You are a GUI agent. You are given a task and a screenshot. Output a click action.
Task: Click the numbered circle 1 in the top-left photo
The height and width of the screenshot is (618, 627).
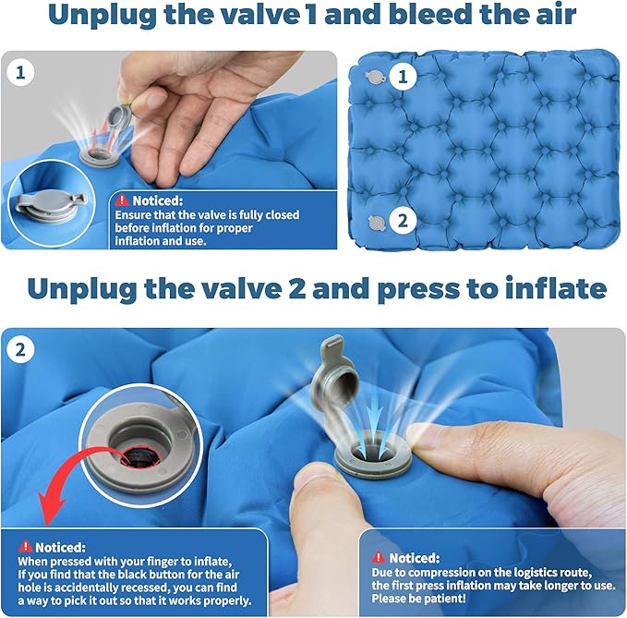[20, 73]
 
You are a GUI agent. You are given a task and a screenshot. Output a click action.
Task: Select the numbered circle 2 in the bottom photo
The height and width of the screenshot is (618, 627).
[20, 350]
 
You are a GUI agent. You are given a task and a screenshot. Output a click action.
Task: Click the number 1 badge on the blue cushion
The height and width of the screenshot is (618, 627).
[403, 76]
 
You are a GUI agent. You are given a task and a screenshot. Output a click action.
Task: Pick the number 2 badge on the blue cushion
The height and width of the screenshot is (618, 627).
[403, 221]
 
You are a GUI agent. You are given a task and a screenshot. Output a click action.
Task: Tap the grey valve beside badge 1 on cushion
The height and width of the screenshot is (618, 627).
[375, 78]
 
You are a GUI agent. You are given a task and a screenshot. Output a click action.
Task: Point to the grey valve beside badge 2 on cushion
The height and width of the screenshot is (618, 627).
[377, 223]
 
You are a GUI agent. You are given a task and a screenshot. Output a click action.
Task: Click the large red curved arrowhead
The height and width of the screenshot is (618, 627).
[50, 507]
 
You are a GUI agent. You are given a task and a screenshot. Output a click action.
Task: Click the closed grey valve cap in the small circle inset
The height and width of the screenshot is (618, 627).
[51, 207]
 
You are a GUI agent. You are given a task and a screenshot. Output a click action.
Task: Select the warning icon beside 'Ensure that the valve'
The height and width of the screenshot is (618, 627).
[121, 200]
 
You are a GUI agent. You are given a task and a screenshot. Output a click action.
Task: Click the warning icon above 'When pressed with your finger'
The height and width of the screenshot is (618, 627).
[26, 546]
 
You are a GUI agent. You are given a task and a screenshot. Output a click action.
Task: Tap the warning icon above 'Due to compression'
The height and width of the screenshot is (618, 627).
[379, 557]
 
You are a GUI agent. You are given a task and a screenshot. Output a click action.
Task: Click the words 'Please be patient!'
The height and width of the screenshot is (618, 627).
[418, 599]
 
